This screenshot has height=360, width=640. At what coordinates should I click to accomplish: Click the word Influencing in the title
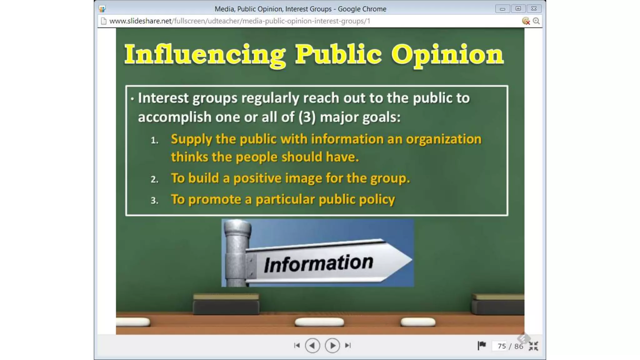pyautogui.click(x=205, y=55)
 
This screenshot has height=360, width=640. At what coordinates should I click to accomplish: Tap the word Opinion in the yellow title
pyautogui.click(x=447, y=55)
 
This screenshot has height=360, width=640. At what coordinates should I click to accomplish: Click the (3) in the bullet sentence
pyautogui.click(x=307, y=117)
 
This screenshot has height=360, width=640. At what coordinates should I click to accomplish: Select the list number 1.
pyautogui.click(x=154, y=140)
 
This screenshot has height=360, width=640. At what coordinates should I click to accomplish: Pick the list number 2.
pyautogui.click(x=154, y=179)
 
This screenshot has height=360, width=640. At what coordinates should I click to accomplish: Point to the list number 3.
pyautogui.click(x=154, y=200)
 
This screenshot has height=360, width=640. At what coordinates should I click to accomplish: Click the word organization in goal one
pyautogui.click(x=443, y=139)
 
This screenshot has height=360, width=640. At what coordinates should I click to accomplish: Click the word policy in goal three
pyautogui.click(x=377, y=200)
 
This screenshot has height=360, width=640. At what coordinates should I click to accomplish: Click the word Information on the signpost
pyautogui.click(x=318, y=263)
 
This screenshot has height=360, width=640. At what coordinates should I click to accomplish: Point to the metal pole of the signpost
pyautogui.click(x=237, y=253)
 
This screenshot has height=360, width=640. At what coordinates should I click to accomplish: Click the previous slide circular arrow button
pyautogui.click(x=312, y=346)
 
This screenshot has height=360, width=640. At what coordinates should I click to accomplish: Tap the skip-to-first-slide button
pyautogui.click(x=297, y=346)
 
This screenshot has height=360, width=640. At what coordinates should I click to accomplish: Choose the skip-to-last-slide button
pyautogui.click(x=348, y=346)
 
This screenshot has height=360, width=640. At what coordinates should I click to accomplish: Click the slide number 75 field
pyautogui.click(x=501, y=346)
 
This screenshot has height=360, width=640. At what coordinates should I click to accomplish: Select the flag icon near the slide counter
pyautogui.click(x=482, y=346)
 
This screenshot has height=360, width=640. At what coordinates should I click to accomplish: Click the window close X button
pyautogui.click(x=534, y=9)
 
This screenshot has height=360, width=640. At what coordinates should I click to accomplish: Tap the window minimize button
pyautogui.click(x=502, y=9)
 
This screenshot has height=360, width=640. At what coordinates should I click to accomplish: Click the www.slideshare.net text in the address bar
pyautogui.click(x=140, y=21)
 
